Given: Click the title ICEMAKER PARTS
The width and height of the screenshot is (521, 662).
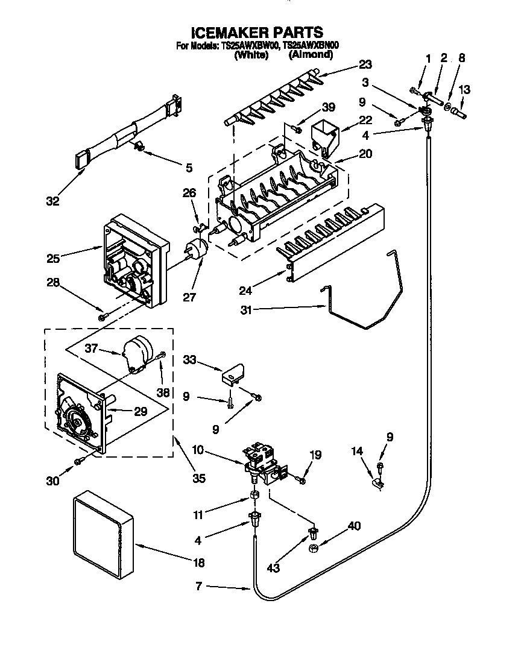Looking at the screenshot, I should pyautogui.click(x=257, y=32).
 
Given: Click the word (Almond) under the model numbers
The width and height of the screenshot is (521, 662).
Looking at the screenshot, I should pyautogui.click(x=311, y=54).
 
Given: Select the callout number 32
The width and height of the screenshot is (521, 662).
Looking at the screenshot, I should pyautogui.click(x=53, y=201).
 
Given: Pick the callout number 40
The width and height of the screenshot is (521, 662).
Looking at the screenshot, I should pyautogui.click(x=354, y=526).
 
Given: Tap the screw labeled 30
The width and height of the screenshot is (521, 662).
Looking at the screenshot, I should pyautogui.click(x=78, y=462).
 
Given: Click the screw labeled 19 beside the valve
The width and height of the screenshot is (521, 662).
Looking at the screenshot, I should pyautogui.click(x=301, y=479).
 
